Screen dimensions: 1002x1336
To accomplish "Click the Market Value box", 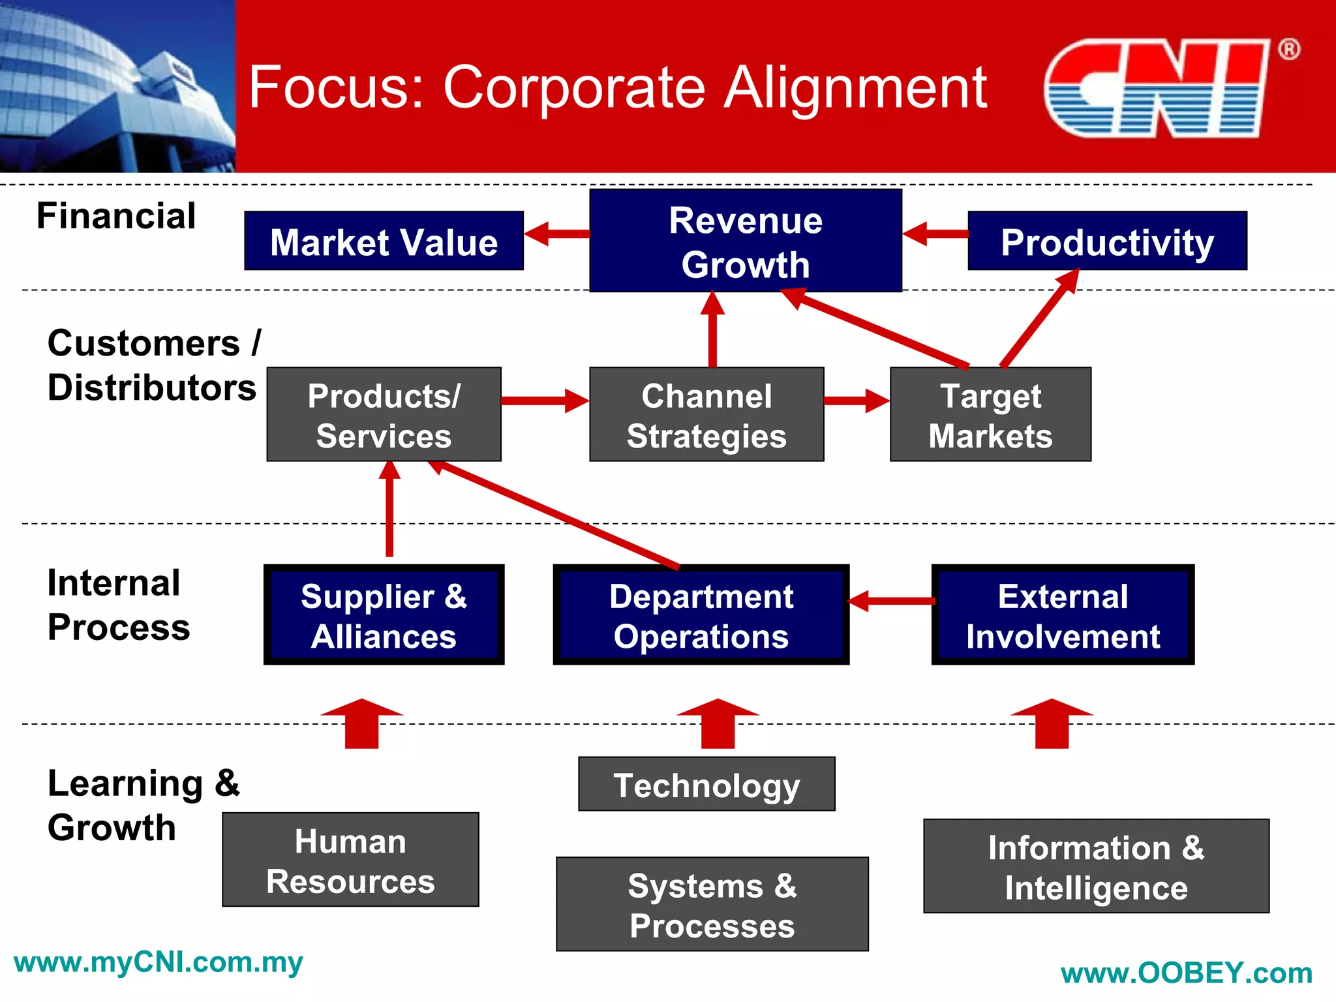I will pyautogui.click(x=384, y=241).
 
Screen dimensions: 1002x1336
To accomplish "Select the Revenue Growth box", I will pyautogui.click(x=746, y=241).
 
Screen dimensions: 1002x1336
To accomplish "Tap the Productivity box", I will pyautogui.click(x=1107, y=241).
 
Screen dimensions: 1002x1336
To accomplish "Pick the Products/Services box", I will pyautogui.click(x=384, y=414).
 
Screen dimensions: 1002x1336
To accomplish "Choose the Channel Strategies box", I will pyautogui.click(x=706, y=414).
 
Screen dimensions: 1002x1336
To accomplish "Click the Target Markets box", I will pyautogui.click(x=990, y=414).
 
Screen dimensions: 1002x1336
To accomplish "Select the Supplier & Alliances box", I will pyautogui.click(x=384, y=615).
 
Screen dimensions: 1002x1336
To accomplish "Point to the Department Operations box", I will pyautogui.click(x=701, y=615).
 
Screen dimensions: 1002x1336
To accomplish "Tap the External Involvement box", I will pyautogui.click(x=1063, y=615).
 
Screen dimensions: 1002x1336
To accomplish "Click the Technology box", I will pyautogui.click(x=706, y=784).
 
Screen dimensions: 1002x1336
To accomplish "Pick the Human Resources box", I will pyautogui.click(x=350, y=860).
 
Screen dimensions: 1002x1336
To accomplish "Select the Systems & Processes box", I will pyautogui.click(x=712, y=904).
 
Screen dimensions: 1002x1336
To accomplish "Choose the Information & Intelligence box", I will pyautogui.click(x=1096, y=866).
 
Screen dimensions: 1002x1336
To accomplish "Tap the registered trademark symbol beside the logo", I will pyautogui.click(x=1288, y=50).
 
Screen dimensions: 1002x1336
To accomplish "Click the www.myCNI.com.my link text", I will pyautogui.click(x=158, y=963).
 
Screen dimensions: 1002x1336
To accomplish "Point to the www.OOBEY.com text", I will pyautogui.click(x=1187, y=973).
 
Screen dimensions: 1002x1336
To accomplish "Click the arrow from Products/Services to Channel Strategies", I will pyautogui.click(x=545, y=401).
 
